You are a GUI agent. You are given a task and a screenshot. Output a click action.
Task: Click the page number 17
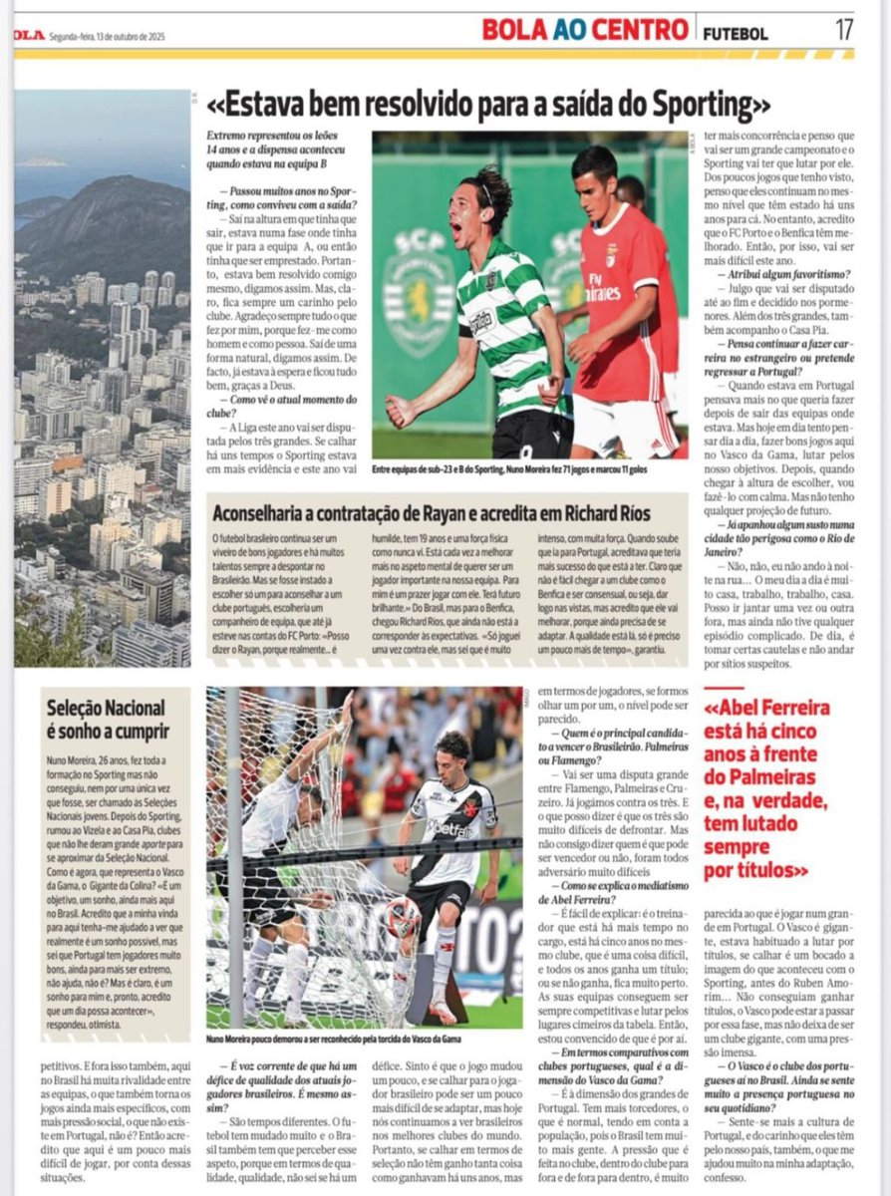click(844, 29)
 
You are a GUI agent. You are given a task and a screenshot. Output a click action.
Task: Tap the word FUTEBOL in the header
click(736, 32)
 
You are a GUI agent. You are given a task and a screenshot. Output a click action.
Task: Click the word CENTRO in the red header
click(639, 29)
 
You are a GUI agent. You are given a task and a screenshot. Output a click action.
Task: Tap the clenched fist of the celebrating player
click(400, 410)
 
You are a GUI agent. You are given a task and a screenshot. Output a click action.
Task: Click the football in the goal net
click(404, 916)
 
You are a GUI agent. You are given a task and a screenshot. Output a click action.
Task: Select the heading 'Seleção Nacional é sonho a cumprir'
click(106, 719)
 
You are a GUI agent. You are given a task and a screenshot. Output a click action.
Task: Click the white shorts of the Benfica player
click(623, 424)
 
